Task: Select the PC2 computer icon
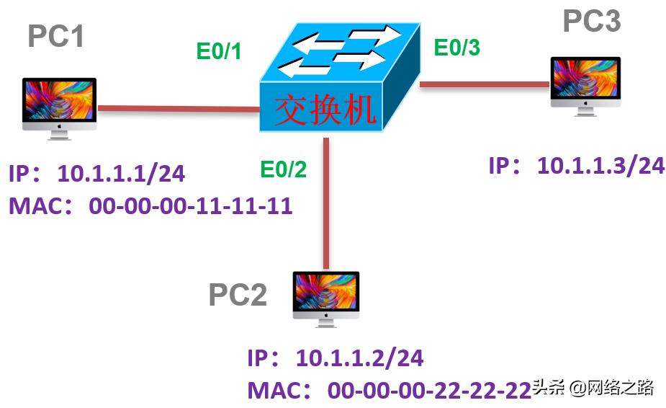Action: click(x=325, y=298)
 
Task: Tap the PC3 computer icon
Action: click(x=585, y=85)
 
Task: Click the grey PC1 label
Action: click(x=55, y=36)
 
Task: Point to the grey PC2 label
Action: click(x=238, y=295)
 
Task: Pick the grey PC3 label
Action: click(x=591, y=22)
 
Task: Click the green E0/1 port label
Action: click(x=219, y=52)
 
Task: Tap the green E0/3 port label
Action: click(x=456, y=48)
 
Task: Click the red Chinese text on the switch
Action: click(x=325, y=110)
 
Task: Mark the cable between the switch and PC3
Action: click(x=483, y=85)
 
